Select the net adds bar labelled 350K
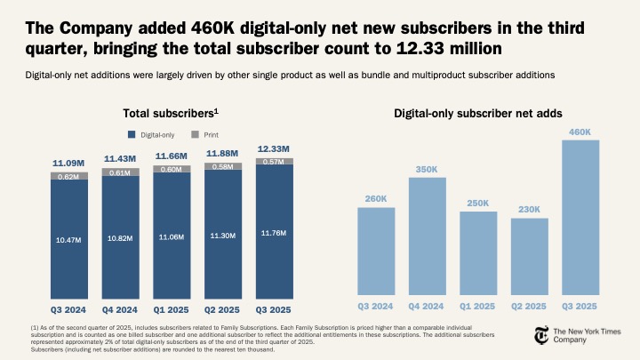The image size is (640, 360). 427,236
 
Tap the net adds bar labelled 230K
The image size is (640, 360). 530,256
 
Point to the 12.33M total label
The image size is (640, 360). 274,148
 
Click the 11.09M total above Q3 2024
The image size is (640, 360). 68,164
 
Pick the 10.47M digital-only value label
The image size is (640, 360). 68,240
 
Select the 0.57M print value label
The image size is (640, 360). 274,162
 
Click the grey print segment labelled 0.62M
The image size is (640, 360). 68,177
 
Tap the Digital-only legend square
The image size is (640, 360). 132,134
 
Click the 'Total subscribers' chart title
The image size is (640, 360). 172,114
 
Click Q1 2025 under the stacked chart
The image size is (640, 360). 171,309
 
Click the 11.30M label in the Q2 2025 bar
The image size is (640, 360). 222,236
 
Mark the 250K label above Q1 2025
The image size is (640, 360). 478,204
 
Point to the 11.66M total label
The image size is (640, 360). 171,156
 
